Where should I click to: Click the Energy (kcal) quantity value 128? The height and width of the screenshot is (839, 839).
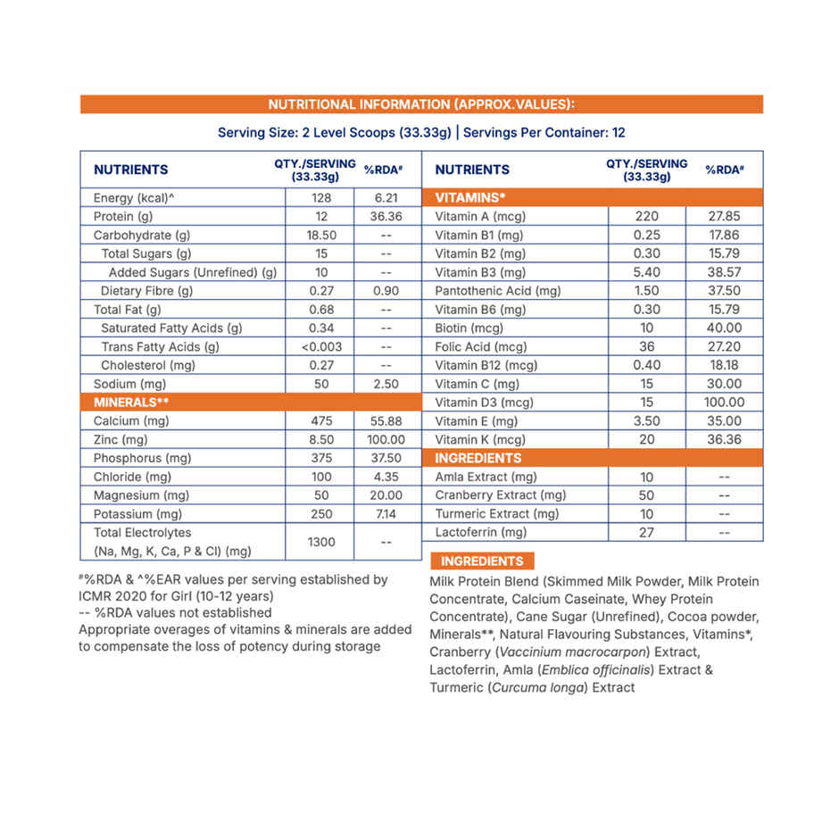tap(321, 198)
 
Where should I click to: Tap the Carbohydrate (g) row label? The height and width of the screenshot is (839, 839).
tap(142, 236)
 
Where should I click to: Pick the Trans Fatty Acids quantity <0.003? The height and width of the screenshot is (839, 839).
tap(321, 346)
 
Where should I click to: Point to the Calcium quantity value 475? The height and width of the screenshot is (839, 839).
tap(321, 420)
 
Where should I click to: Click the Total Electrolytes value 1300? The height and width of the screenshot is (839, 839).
tap(321, 541)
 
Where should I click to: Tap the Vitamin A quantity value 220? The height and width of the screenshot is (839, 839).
tap(647, 216)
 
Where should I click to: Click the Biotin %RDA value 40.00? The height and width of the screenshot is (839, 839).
tap(723, 328)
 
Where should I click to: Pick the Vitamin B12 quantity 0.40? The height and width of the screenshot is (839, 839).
tap(647, 365)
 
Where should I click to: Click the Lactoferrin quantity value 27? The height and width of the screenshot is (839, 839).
tap(647, 532)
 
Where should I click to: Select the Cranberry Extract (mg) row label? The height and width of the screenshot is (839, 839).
tap(500, 495)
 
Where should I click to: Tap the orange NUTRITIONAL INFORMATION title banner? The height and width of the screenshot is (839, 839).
tap(421, 104)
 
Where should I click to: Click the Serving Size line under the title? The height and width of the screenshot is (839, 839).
tap(421, 132)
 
